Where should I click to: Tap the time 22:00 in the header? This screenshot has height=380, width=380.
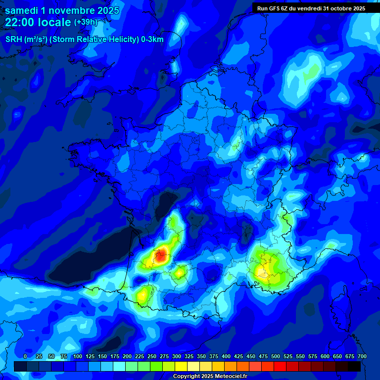coord(20,22)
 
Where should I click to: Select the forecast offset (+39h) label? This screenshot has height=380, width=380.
coord(86,22)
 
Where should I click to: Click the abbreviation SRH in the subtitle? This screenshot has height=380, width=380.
coord(14,40)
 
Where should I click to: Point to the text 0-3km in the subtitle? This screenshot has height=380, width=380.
coord(152,40)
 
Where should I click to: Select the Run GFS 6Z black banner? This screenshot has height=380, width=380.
coord(311,8)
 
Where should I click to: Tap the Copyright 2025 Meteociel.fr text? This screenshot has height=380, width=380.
coord(210,376)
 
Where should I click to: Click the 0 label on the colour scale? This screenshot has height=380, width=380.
coord(25,356)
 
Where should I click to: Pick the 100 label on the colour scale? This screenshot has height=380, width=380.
coord(78,356)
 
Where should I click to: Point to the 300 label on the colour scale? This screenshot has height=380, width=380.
coord(177,356)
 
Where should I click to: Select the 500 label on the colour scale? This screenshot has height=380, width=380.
coord(276,356)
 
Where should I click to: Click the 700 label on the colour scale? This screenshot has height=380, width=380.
coord(362,356)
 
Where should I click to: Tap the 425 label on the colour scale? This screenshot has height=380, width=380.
coord(238,356)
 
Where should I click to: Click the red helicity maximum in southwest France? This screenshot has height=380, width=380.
coord(160,256)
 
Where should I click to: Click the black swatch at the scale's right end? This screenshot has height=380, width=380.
coord(354,366)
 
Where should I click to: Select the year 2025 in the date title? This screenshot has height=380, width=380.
coord(106,10)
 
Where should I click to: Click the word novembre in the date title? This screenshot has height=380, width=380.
coord(70,10)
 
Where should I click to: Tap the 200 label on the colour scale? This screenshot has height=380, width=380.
coord(127,356)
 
